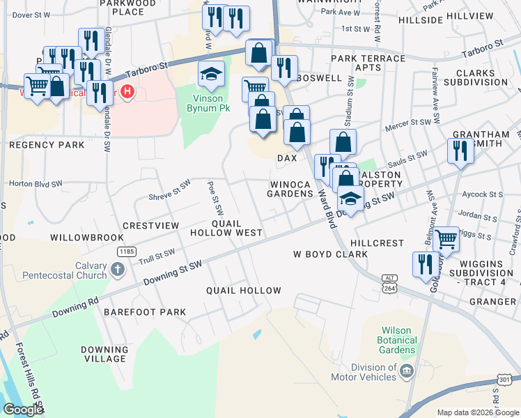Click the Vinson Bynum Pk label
(208, 102)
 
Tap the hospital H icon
(127, 91)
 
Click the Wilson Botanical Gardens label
(398, 340)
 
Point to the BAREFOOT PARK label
(145, 312)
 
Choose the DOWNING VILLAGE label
(104, 353)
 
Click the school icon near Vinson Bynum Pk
(211, 73)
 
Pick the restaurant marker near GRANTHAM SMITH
(460, 151)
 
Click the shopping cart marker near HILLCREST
(446, 239)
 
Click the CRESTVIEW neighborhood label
(151, 226)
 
